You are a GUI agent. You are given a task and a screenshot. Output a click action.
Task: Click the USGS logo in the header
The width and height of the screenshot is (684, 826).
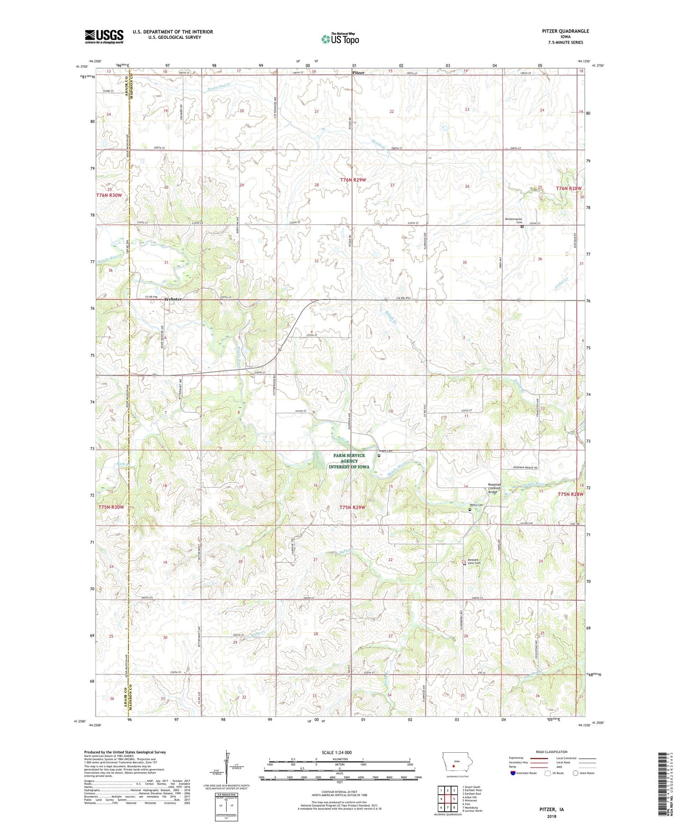pyautogui.click(x=104, y=36)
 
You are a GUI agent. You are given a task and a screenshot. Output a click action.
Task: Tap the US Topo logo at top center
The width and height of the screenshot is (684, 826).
pyautogui.click(x=340, y=39)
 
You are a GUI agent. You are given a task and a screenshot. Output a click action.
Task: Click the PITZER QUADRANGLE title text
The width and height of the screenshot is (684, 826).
pyautogui.click(x=565, y=31)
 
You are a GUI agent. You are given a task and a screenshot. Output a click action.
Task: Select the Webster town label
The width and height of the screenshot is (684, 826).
pyautogui.click(x=173, y=299)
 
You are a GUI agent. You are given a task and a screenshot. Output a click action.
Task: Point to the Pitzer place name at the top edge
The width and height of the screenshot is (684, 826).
pyautogui.click(x=358, y=73)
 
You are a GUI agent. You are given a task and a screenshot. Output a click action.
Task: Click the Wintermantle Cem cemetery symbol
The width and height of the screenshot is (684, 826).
pyautogui.click(x=522, y=227)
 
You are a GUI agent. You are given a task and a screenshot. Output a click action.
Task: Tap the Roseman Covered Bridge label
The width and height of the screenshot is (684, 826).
pyautogui.click(x=494, y=488)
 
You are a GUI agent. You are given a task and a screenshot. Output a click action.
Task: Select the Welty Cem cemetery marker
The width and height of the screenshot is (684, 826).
pyautogui.click(x=470, y=510)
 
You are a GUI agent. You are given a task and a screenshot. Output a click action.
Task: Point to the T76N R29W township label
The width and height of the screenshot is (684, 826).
pyautogui.click(x=353, y=180)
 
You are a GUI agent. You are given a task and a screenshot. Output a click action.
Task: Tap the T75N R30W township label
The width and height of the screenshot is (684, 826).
pyautogui.click(x=111, y=507)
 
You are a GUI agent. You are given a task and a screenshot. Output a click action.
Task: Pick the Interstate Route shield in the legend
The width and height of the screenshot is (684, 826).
pyautogui.click(x=514, y=773)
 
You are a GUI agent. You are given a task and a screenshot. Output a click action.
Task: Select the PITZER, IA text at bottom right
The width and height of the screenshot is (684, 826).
pyautogui.click(x=551, y=809)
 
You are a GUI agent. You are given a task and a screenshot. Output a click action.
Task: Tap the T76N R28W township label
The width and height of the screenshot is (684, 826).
pyautogui.click(x=569, y=188)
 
